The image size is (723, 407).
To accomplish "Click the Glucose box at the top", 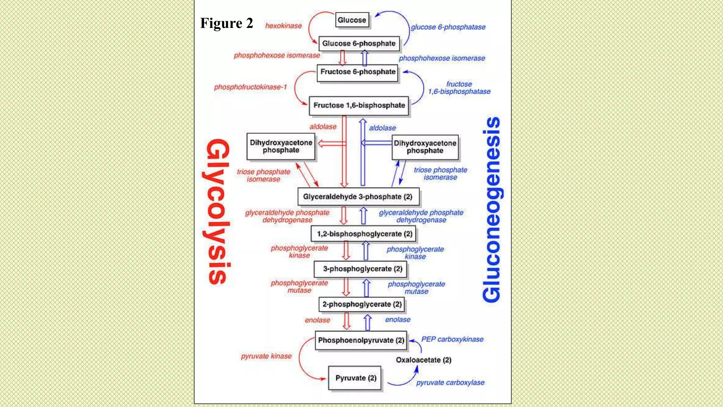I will coord(352,20).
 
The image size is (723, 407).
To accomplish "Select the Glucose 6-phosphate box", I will coord(359,43).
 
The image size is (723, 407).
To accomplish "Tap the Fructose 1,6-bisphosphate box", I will coord(359,105).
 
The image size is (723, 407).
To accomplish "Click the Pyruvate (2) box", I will coord(355,378).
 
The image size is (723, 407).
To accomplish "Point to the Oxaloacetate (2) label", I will coord(423,360).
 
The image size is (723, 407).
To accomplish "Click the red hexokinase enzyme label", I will coord(283,26).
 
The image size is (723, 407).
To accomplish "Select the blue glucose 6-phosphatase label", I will coord(448,27).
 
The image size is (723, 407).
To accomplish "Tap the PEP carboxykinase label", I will coord(452,339).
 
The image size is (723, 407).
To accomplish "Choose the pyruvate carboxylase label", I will coord(450,383).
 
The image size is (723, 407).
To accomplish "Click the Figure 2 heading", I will coord(227,23).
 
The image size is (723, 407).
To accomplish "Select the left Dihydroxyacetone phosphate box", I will coord(281,146).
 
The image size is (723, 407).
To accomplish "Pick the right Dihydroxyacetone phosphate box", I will coord(425,147).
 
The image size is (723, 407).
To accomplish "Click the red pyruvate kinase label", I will coord(266,356).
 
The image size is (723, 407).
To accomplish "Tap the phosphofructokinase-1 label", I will coord(250,87).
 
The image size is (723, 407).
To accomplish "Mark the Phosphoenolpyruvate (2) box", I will coord(361,340).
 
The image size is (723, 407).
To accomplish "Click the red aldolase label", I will coord(323,126).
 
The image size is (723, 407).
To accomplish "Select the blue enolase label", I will coord(398,319).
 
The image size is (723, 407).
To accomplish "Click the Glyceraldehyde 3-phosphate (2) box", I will coord(358,197).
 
